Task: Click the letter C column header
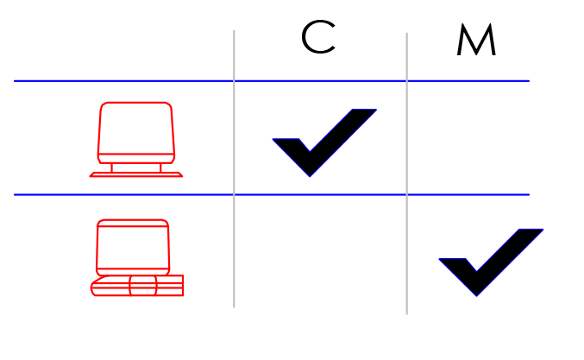pyautogui.click(x=318, y=37)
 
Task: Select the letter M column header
pyautogui.click(x=476, y=39)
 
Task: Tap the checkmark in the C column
pyautogui.click(x=324, y=142)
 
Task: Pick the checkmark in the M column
pyautogui.click(x=491, y=262)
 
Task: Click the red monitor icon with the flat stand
pyautogui.click(x=136, y=139)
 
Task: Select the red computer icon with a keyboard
pyautogui.click(x=137, y=258)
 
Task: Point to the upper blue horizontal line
pyautogui.click(x=272, y=81)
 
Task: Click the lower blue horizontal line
pyautogui.click(x=272, y=194)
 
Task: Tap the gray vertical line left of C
pyautogui.click(x=234, y=169)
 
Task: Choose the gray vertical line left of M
pyautogui.click(x=406, y=174)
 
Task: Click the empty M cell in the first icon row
pyautogui.click(x=468, y=138)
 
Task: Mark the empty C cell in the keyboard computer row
pyautogui.click(x=320, y=251)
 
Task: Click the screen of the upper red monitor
pyautogui.click(x=136, y=128)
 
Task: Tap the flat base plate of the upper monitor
pyautogui.click(x=136, y=174)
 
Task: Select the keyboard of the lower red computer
pyautogui.click(x=137, y=286)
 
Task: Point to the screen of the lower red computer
pyautogui.click(x=133, y=247)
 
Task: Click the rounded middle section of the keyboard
pyautogui.click(x=143, y=286)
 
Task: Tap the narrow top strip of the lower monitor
pyautogui.click(x=133, y=223)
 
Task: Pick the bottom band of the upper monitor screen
pyautogui.click(x=136, y=159)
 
